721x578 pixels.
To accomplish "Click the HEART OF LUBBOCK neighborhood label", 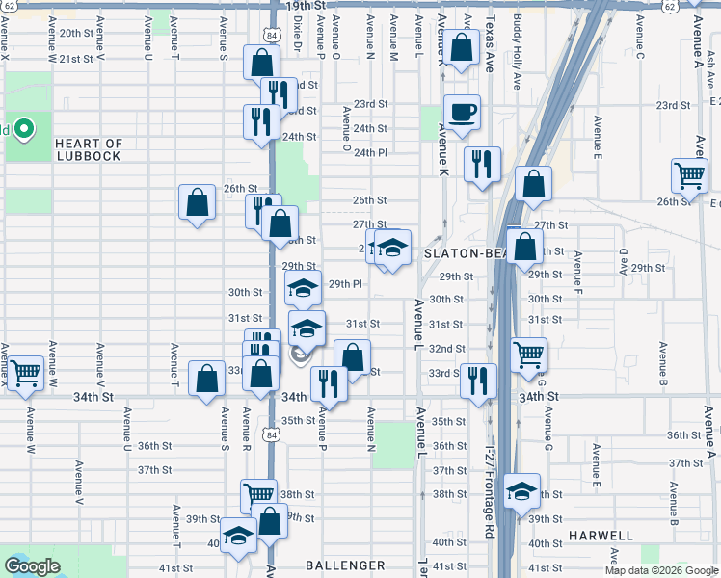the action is [89, 149].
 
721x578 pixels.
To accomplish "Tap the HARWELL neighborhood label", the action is [601, 536].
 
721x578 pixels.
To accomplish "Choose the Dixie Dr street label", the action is [298, 31].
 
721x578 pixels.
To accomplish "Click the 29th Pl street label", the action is [345, 284].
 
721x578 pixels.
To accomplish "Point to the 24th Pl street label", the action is [370, 152].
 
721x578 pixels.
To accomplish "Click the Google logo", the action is [32, 566].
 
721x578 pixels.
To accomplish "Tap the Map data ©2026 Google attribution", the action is [660, 570].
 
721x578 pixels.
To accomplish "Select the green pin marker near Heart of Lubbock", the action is [24, 127].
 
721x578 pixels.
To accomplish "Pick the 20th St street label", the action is [73, 32].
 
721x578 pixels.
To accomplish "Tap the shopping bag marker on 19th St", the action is [462, 47].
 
